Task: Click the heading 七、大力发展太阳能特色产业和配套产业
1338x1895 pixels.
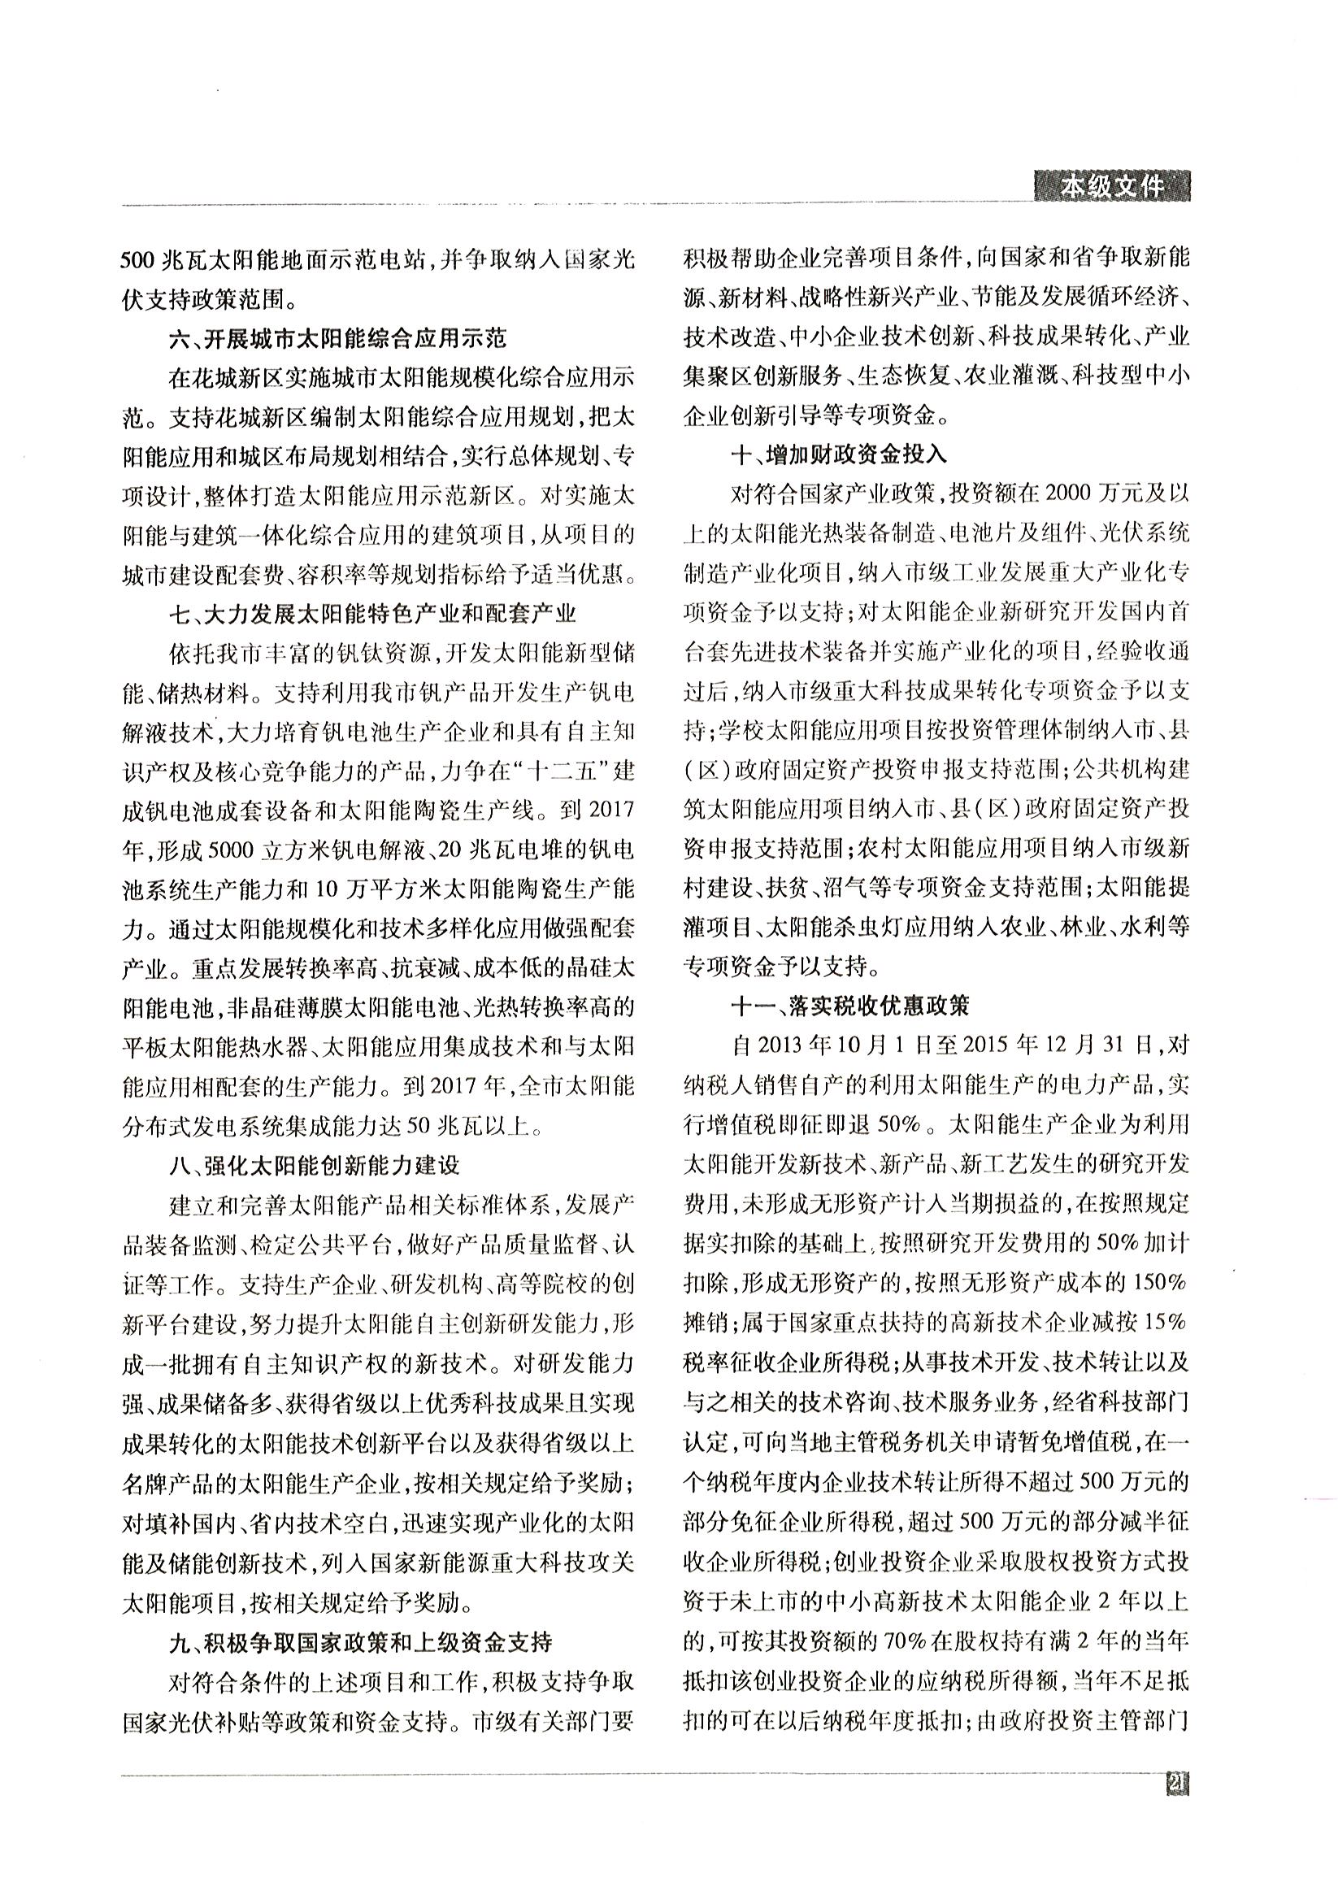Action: click(371, 614)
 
